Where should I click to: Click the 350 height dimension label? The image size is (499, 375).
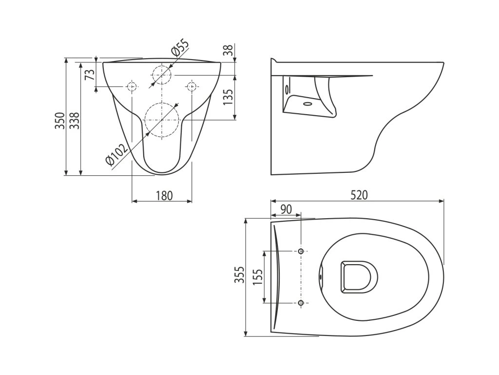(x=59, y=121)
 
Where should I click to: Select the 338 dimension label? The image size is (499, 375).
(x=74, y=121)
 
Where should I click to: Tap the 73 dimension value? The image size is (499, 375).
(x=89, y=75)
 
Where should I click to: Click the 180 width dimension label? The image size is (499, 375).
(x=164, y=196)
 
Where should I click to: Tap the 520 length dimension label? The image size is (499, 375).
(x=359, y=194)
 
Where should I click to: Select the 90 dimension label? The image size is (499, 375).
(x=286, y=209)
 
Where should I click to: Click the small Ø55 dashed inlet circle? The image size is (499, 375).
(x=161, y=75)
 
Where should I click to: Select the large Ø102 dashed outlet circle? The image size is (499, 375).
(x=161, y=120)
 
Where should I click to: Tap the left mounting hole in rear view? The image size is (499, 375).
(x=132, y=86)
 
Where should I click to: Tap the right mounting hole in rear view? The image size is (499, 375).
(x=192, y=86)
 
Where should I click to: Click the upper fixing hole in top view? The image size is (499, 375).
(x=301, y=251)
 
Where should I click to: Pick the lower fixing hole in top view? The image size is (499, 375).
(x=301, y=303)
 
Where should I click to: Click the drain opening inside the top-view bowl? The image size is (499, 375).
(x=359, y=277)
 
